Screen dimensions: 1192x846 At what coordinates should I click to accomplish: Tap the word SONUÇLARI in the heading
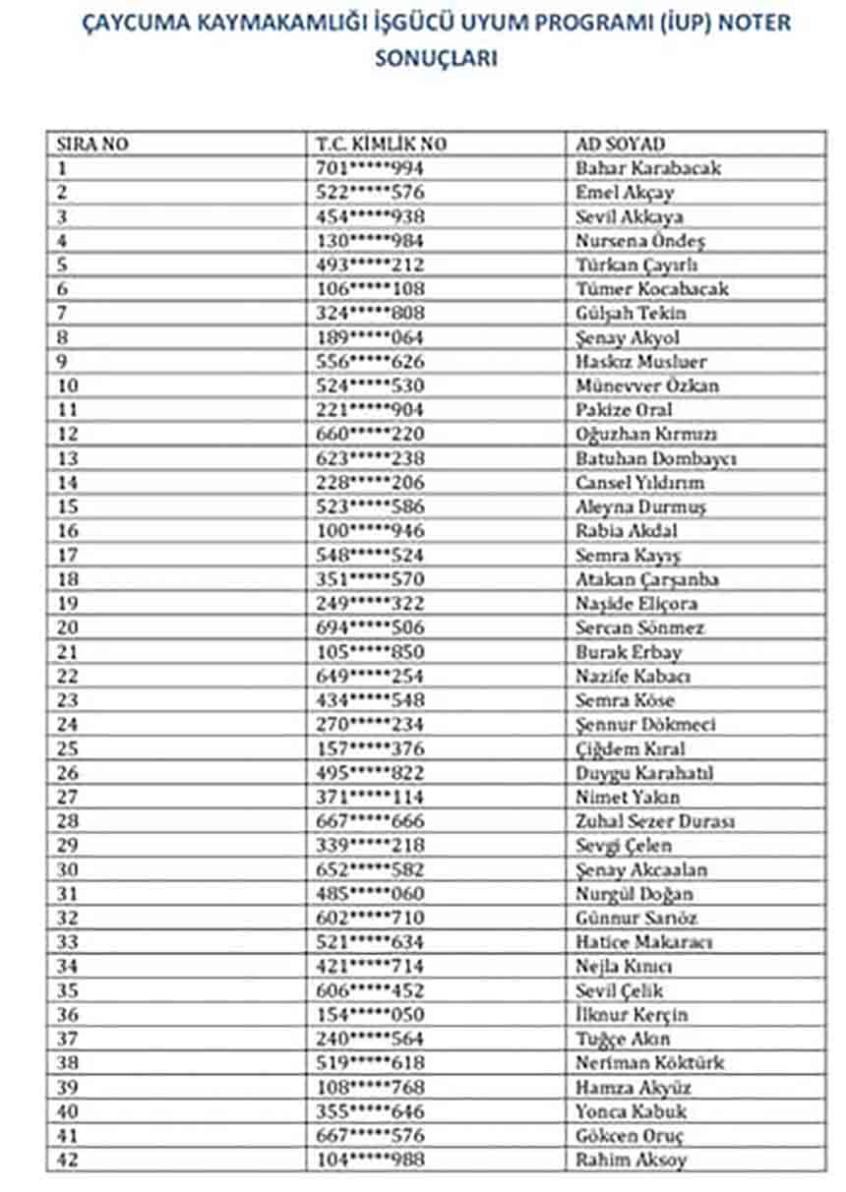(x=437, y=58)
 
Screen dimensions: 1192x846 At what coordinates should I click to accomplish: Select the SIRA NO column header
(x=92, y=144)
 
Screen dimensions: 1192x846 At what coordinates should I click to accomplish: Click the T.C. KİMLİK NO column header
(x=382, y=144)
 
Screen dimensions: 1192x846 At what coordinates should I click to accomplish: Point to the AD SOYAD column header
(x=621, y=144)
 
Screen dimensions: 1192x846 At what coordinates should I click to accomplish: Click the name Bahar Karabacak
(x=648, y=168)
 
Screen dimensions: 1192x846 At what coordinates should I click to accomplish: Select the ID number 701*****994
(x=370, y=168)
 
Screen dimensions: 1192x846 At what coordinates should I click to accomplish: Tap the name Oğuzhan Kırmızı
(x=646, y=434)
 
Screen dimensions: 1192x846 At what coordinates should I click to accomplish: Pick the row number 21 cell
(x=68, y=652)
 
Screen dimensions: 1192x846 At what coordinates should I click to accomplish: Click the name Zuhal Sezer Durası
(x=655, y=821)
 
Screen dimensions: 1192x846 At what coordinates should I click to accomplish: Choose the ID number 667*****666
(x=370, y=821)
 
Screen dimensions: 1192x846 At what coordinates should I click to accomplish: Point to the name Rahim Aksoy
(x=632, y=1160)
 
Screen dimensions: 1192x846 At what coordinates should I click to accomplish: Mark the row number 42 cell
(x=68, y=1160)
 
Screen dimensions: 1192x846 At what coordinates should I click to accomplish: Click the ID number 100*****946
(x=370, y=531)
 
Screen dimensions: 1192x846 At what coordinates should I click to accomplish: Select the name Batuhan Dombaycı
(x=656, y=458)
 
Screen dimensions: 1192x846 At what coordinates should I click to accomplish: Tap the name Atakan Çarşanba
(x=647, y=579)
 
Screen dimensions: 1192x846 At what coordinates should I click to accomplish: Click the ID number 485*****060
(x=370, y=894)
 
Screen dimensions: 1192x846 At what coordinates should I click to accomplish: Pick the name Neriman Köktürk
(x=650, y=1063)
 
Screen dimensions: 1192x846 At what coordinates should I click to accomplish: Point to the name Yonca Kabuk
(x=632, y=1111)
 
